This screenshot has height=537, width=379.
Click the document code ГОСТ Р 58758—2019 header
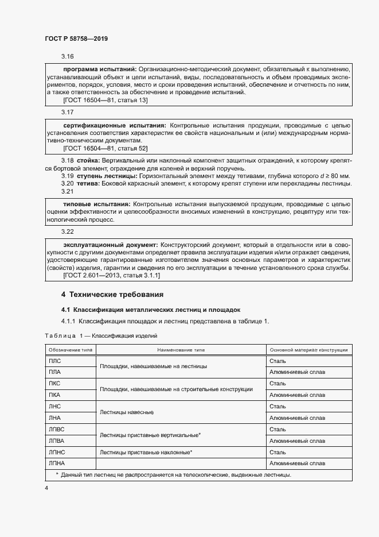(76, 38)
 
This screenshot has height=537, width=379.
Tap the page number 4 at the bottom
(46, 488)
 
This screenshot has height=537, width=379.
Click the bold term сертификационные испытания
(114, 125)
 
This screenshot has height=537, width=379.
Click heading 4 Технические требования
(112, 295)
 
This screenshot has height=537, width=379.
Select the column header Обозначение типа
(70, 350)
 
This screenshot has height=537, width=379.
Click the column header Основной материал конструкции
(309, 350)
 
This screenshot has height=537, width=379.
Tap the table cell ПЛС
(55, 361)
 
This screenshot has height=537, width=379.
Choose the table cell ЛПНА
(57, 463)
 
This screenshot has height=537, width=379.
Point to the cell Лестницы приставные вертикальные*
(150, 435)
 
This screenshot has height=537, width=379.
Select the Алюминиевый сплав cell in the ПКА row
(297, 395)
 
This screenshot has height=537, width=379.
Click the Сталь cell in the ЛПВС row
(278, 429)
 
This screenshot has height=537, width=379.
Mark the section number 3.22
(68, 231)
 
